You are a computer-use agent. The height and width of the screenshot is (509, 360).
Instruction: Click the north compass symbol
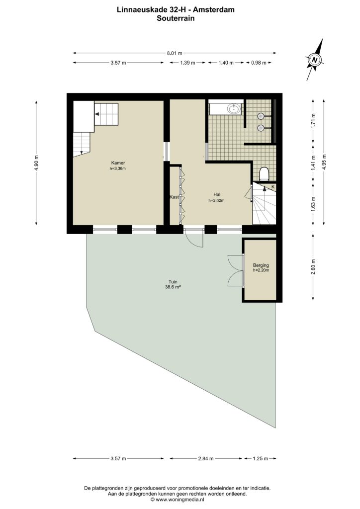tap(314, 60)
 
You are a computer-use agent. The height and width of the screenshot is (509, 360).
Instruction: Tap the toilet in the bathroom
tap(264, 173)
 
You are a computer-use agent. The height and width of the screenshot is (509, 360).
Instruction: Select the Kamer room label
tap(118, 163)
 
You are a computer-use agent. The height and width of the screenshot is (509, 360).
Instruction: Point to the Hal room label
tap(217, 195)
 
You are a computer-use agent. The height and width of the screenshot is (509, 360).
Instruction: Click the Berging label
tap(261, 265)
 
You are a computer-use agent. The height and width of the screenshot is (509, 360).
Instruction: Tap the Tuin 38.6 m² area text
tap(173, 284)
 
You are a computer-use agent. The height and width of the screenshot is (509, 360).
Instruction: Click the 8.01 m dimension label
tap(175, 53)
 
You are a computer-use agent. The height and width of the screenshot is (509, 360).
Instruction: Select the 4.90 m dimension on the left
tap(36, 163)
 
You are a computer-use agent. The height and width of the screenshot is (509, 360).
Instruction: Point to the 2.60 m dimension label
tap(313, 267)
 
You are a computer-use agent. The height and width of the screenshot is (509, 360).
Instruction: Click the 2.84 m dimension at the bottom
tap(206, 459)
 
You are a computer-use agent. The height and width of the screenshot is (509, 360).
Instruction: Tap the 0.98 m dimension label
tap(259, 63)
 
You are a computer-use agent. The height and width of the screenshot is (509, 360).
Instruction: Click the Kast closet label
tap(175, 197)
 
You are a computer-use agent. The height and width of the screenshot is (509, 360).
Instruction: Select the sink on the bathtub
tap(234, 108)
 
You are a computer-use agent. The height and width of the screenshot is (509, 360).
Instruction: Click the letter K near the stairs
tap(273, 187)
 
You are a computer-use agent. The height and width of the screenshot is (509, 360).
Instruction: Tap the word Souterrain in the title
tap(176, 18)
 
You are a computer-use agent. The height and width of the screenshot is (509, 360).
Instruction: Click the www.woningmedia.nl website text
tap(180, 500)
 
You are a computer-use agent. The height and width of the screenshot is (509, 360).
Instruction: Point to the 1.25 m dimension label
tap(261, 459)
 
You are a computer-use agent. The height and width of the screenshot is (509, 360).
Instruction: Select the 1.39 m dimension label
tap(187, 63)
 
